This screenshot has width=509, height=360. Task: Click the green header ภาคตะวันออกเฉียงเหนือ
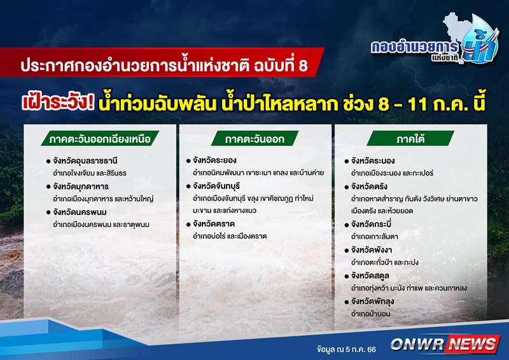pyautogui.click(x=100, y=139)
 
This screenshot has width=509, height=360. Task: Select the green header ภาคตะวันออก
pyautogui.click(x=255, y=139)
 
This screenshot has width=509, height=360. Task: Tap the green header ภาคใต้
pyautogui.click(x=410, y=139)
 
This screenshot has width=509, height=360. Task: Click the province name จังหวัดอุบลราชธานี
pyautogui.click(x=85, y=161)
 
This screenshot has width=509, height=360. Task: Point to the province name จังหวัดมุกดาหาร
pyautogui.click(x=81, y=186)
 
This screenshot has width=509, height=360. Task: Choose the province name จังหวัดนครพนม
pyautogui.click(x=80, y=212)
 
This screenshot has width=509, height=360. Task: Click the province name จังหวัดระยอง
pyautogui.click(x=214, y=160)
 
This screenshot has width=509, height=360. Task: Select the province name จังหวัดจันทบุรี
pyautogui.click(x=216, y=186)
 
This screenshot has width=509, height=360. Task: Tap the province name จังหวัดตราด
pyautogui.click(x=214, y=224)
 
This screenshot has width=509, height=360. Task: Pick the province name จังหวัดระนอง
pyautogui.click(x=373, y=161)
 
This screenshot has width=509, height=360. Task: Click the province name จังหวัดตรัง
pyautogui.click(x=369, y=186)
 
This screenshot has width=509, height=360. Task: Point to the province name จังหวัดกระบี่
pyautogui.click(x=371, y=225)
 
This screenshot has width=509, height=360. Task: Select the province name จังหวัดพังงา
pyautogui.click(x=372, y=250)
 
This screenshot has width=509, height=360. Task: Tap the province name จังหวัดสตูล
pyautogui.click(x=370, y=276)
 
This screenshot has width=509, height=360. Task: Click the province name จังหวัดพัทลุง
pyautogui.click(x=372, y=301)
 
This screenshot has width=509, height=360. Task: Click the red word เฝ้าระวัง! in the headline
pyautogui.click(x=58, y=102)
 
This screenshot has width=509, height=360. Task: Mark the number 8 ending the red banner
pyautogui.click(x=302, y=66)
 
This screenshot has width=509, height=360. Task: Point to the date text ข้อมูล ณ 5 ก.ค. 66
pyautogui.click(x=346, y=349)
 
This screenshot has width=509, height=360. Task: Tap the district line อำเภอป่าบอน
pyautogui.click(x=370, y=314)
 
